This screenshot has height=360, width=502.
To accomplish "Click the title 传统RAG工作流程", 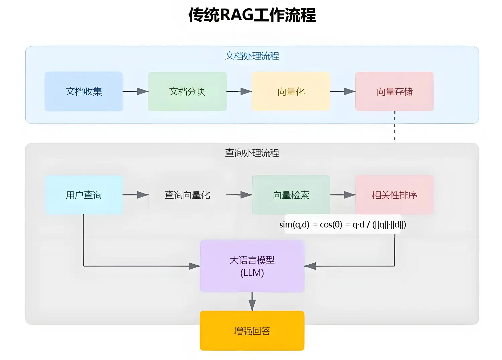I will pos(252,15).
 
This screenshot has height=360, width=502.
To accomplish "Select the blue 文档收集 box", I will pos(84,91).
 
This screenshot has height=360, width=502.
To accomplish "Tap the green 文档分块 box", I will pos(187,91).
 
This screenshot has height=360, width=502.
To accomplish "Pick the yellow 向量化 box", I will pos(291,91).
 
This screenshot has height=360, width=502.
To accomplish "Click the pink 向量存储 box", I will pos(394,91).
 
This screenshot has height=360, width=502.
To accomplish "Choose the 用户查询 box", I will pos(84,195).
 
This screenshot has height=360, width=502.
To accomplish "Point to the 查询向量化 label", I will pos(187,195).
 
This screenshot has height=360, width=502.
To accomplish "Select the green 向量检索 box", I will pos(291,195).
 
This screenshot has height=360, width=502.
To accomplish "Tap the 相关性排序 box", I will pos(394,195).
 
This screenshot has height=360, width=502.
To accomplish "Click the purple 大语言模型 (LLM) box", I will pos(252,266).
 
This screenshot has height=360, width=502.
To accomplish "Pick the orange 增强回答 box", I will pos(252,331).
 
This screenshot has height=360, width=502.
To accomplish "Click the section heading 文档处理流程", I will pos(252,56).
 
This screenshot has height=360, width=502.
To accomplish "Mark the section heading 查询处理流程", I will pos(252,153).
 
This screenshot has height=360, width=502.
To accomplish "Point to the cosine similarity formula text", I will pos(343,224).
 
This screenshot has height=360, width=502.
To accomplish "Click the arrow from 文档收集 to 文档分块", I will pos(136,91).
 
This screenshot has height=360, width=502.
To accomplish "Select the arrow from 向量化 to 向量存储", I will pos(343,91).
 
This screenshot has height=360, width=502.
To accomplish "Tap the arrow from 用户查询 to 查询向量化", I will pos(136,195).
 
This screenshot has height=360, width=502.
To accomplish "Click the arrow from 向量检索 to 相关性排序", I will pos(343,195).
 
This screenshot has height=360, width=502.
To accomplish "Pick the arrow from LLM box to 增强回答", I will pos(252,302).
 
